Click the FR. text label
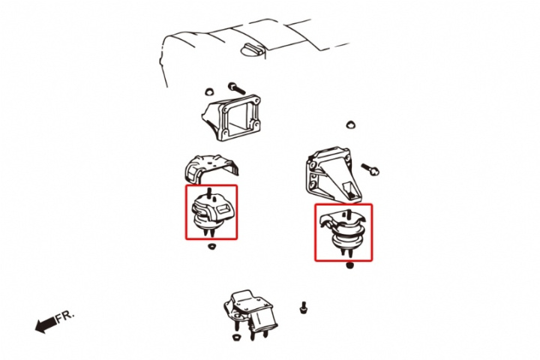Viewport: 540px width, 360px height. point(65,316)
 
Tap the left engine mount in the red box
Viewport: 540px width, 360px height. point(211,214)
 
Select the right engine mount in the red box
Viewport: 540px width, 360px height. point(343,232)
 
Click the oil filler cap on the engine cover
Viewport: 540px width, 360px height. point(252,49)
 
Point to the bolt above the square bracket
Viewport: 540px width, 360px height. point(236,88)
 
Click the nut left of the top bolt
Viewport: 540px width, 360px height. point(208,92)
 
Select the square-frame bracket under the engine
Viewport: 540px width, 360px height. point(232,118)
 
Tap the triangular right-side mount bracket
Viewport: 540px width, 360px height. point(331,175)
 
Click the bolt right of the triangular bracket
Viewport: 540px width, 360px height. point(370,169)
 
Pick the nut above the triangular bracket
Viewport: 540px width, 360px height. point(350,124)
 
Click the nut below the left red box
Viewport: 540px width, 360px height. point(211,246)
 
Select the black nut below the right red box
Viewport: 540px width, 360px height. point(350,265)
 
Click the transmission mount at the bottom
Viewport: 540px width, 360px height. point(250,313)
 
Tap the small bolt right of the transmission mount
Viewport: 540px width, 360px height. point(303,307)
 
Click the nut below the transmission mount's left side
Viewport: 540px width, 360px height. point(236,337)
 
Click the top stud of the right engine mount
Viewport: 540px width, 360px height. point(349,214)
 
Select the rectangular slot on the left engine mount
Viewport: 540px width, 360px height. point(223,208)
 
